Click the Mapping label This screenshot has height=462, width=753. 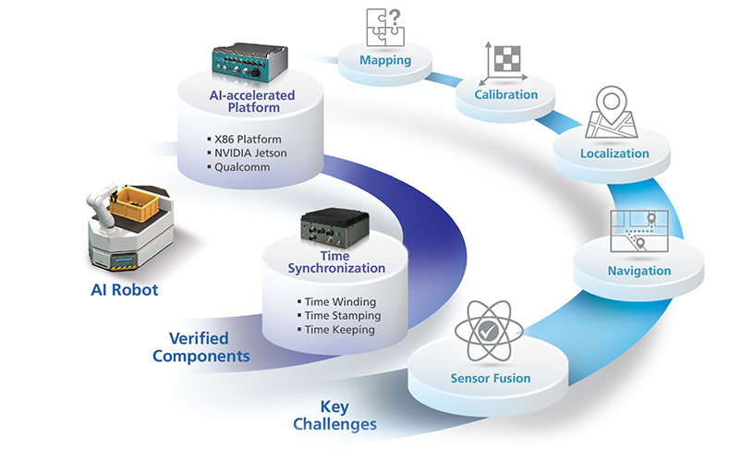[x=385, y=60]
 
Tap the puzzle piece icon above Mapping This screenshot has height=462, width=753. [x=385, y=27]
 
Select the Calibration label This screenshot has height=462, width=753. [x=505, y=94]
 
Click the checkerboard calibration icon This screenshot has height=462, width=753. [x=504, y=63]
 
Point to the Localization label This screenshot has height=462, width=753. [x=614, y=153]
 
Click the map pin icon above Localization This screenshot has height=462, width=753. [x=612, y=113]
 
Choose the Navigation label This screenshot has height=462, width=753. [x=639, y=271]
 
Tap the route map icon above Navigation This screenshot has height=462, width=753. [x=639, y=231]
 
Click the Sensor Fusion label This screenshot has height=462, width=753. [x=491, y=379]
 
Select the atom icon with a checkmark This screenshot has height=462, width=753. [x=489, y=331]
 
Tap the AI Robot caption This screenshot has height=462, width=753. [x=125, y=290]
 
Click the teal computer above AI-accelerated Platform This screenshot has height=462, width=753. [x=249, y=65]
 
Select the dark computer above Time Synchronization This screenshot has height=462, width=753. [x=334, y=228]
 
